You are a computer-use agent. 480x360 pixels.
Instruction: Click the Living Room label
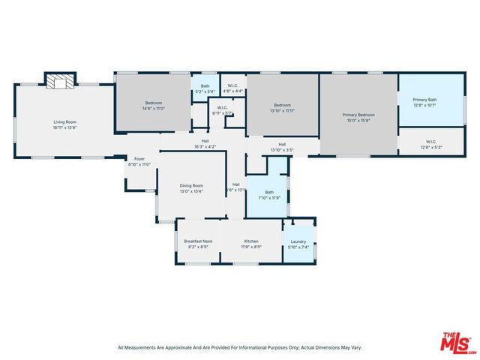(64, 122)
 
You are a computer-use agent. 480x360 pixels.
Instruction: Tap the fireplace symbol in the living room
(60, 80)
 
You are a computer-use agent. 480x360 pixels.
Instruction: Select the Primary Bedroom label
(358, 115)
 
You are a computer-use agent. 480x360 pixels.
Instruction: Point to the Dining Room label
(191, 185)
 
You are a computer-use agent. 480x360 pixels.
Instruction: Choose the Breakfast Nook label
(198, 241)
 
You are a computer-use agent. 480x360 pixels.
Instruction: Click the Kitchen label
(250, 241)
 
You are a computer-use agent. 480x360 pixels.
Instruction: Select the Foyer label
(139, 159)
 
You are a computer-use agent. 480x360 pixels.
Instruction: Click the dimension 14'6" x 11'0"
(154, 109)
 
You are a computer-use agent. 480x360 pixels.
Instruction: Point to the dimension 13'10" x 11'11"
(282, 109)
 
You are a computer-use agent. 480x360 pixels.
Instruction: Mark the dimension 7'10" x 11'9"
(268, 197)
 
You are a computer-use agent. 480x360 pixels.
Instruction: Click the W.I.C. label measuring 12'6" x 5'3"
(431, 142)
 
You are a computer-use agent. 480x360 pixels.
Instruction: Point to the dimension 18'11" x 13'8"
(64, 127)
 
